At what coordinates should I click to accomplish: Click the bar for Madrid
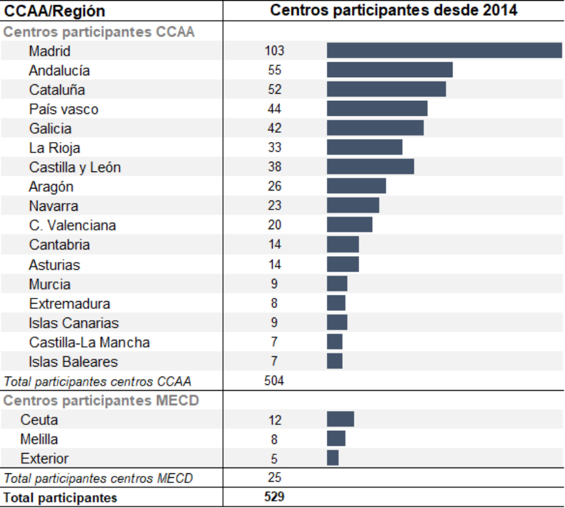(444, 51)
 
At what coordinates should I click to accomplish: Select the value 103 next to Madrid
(275, 51)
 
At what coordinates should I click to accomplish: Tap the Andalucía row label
(60, 71)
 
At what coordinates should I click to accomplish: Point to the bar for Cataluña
(386, 90)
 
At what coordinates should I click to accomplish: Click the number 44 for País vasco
(275, 109)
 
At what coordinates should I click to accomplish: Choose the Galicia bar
(375, 128)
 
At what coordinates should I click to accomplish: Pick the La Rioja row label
(55, 148)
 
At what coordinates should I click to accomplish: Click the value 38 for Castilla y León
(275, 167)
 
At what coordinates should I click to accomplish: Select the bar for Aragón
(356, 187)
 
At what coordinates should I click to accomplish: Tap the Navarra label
(54, 206)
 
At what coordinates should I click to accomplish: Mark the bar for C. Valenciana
(349, 225)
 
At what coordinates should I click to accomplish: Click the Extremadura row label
(69, 304)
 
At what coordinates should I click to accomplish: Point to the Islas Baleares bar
(334, 361)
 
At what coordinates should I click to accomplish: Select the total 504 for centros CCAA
(275, 381)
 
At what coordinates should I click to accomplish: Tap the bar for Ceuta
(340, 420)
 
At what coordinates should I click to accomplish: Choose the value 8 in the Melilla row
(275, 439)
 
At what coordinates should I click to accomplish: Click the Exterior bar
(332, 458)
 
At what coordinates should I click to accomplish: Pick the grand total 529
(275, 498)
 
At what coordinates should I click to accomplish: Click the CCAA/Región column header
(55, 11)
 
